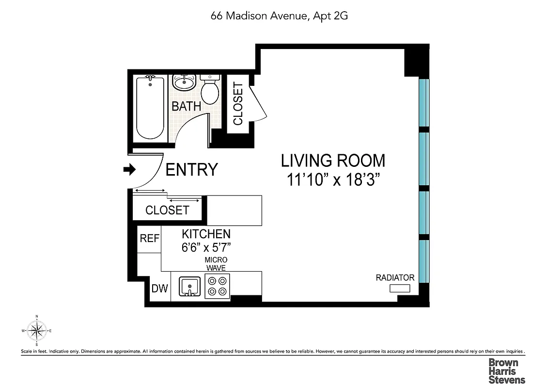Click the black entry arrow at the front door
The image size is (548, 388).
pyautogui.click(x=129, y=169)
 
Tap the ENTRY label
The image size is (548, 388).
pyautogui.click(x=192, y=170)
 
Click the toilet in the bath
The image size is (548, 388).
pyautogui.click(x=210, y=89)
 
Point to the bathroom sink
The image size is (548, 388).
pyautogui.click(x=184, y=83)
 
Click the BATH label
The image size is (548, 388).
pyautogui.click(x=187, y=106)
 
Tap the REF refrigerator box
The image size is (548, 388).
pyautogui.click(x=149, y=239)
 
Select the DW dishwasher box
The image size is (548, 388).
pyautogui.click(x=159, y=289)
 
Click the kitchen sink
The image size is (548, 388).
pyautogui.click(x=189, y=286)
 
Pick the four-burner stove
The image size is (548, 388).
pyautogui.click(x=217, y=286)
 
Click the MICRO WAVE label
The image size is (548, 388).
pyautogui.click(x=216, y=264)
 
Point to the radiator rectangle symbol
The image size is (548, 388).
pyautogui.click(x=400, y=289)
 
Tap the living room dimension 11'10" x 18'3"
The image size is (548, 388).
pyautogui.click(x=332, y=180)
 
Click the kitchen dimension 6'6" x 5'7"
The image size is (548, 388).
pyautogui.click(x=206, y=246)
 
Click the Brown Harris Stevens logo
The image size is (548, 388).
pyautogui.click(x=506, y=371)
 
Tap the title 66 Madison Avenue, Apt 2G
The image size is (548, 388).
pyautogui.click(x=279, y=16)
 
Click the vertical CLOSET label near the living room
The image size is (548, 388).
pyautogui.click(x=238, y=104)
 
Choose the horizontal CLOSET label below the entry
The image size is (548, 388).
pyautogui.click(x=167, y=210)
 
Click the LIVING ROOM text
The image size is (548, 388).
pyautogui.click(x=333, y=160)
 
